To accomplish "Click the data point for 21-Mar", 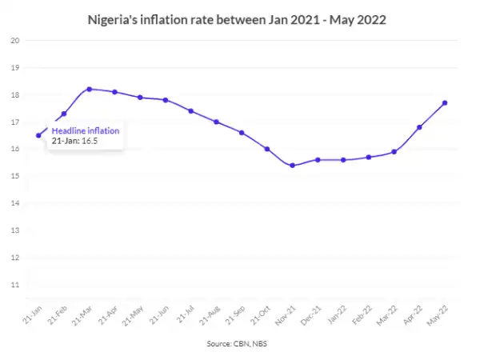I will point(89,89).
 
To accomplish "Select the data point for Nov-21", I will point(292,166).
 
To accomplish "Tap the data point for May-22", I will point(445,102).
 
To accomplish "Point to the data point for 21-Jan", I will point(38,135).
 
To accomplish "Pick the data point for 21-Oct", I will point(267,149).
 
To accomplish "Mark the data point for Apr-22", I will point(419,127).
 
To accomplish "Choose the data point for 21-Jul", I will point(191,110).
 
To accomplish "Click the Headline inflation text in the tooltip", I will point(86,130).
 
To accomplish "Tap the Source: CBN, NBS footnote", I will point(240,342).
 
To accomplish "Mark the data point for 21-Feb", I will point(64,114).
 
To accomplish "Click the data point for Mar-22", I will point(394,152).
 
